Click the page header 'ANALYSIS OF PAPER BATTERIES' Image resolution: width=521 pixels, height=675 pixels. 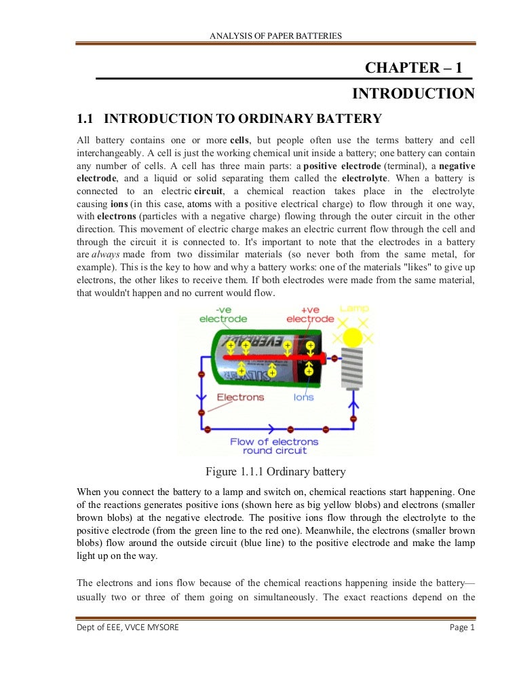[276, 35]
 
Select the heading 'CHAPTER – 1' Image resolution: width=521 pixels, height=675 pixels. [413, 68]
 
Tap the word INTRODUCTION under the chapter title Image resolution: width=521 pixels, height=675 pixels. [413, 94]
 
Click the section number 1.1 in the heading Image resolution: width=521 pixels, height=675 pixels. [84, 120]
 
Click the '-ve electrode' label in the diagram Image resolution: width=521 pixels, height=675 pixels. [223, 314]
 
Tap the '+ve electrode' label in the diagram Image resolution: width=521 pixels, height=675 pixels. [310, 314]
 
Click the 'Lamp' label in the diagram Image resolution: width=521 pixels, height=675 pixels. [354, 309]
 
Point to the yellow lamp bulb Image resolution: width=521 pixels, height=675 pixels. [353, 337]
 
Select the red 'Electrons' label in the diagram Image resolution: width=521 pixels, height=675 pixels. [240, 397]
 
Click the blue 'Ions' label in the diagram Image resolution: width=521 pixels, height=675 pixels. [304, 397]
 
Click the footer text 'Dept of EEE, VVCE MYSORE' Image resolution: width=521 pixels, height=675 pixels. [128, 627]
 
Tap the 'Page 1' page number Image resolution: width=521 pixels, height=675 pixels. [463, 627]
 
